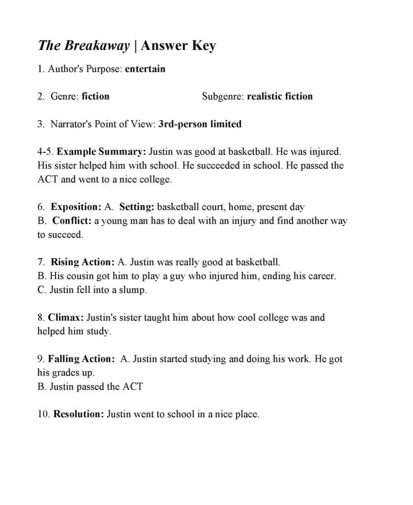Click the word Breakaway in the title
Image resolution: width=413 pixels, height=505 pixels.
[97, 45]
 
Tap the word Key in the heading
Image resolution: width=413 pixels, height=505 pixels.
[204, 45]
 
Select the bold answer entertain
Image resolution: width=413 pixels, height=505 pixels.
[145, 69]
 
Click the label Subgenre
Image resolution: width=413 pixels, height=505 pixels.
[223, 96]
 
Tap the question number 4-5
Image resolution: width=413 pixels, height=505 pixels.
[45, 151]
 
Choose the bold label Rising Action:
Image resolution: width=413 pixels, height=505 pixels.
[82, 262]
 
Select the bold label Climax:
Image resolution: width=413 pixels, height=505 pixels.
[66, 317]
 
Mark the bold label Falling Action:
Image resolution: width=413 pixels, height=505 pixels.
[81, 359]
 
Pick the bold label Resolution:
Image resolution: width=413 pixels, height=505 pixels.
[79, 414]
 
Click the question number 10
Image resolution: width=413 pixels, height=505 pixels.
[44, 414]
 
